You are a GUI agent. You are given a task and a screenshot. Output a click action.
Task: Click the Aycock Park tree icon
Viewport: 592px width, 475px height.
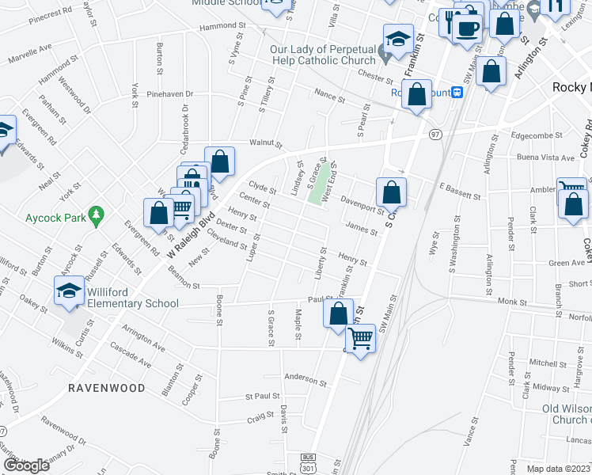(x=96, y=214)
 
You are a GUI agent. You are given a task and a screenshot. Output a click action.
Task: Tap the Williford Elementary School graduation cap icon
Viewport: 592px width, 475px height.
(x=69, y=290)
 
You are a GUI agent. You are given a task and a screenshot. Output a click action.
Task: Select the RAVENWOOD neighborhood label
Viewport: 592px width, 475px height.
(x=106, y=388)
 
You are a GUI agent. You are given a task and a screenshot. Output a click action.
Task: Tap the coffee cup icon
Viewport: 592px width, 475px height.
(x=468, y=27)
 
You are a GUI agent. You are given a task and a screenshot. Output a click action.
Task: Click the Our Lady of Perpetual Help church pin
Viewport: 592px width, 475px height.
(x=384, y=55)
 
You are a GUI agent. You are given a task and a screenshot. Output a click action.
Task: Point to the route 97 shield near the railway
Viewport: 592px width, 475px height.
(x=435, y=135)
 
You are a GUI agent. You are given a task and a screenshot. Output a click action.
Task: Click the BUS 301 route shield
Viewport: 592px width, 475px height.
(x=308, y=462)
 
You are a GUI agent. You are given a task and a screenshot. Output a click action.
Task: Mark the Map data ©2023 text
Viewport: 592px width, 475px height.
(x=559, y=469)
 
